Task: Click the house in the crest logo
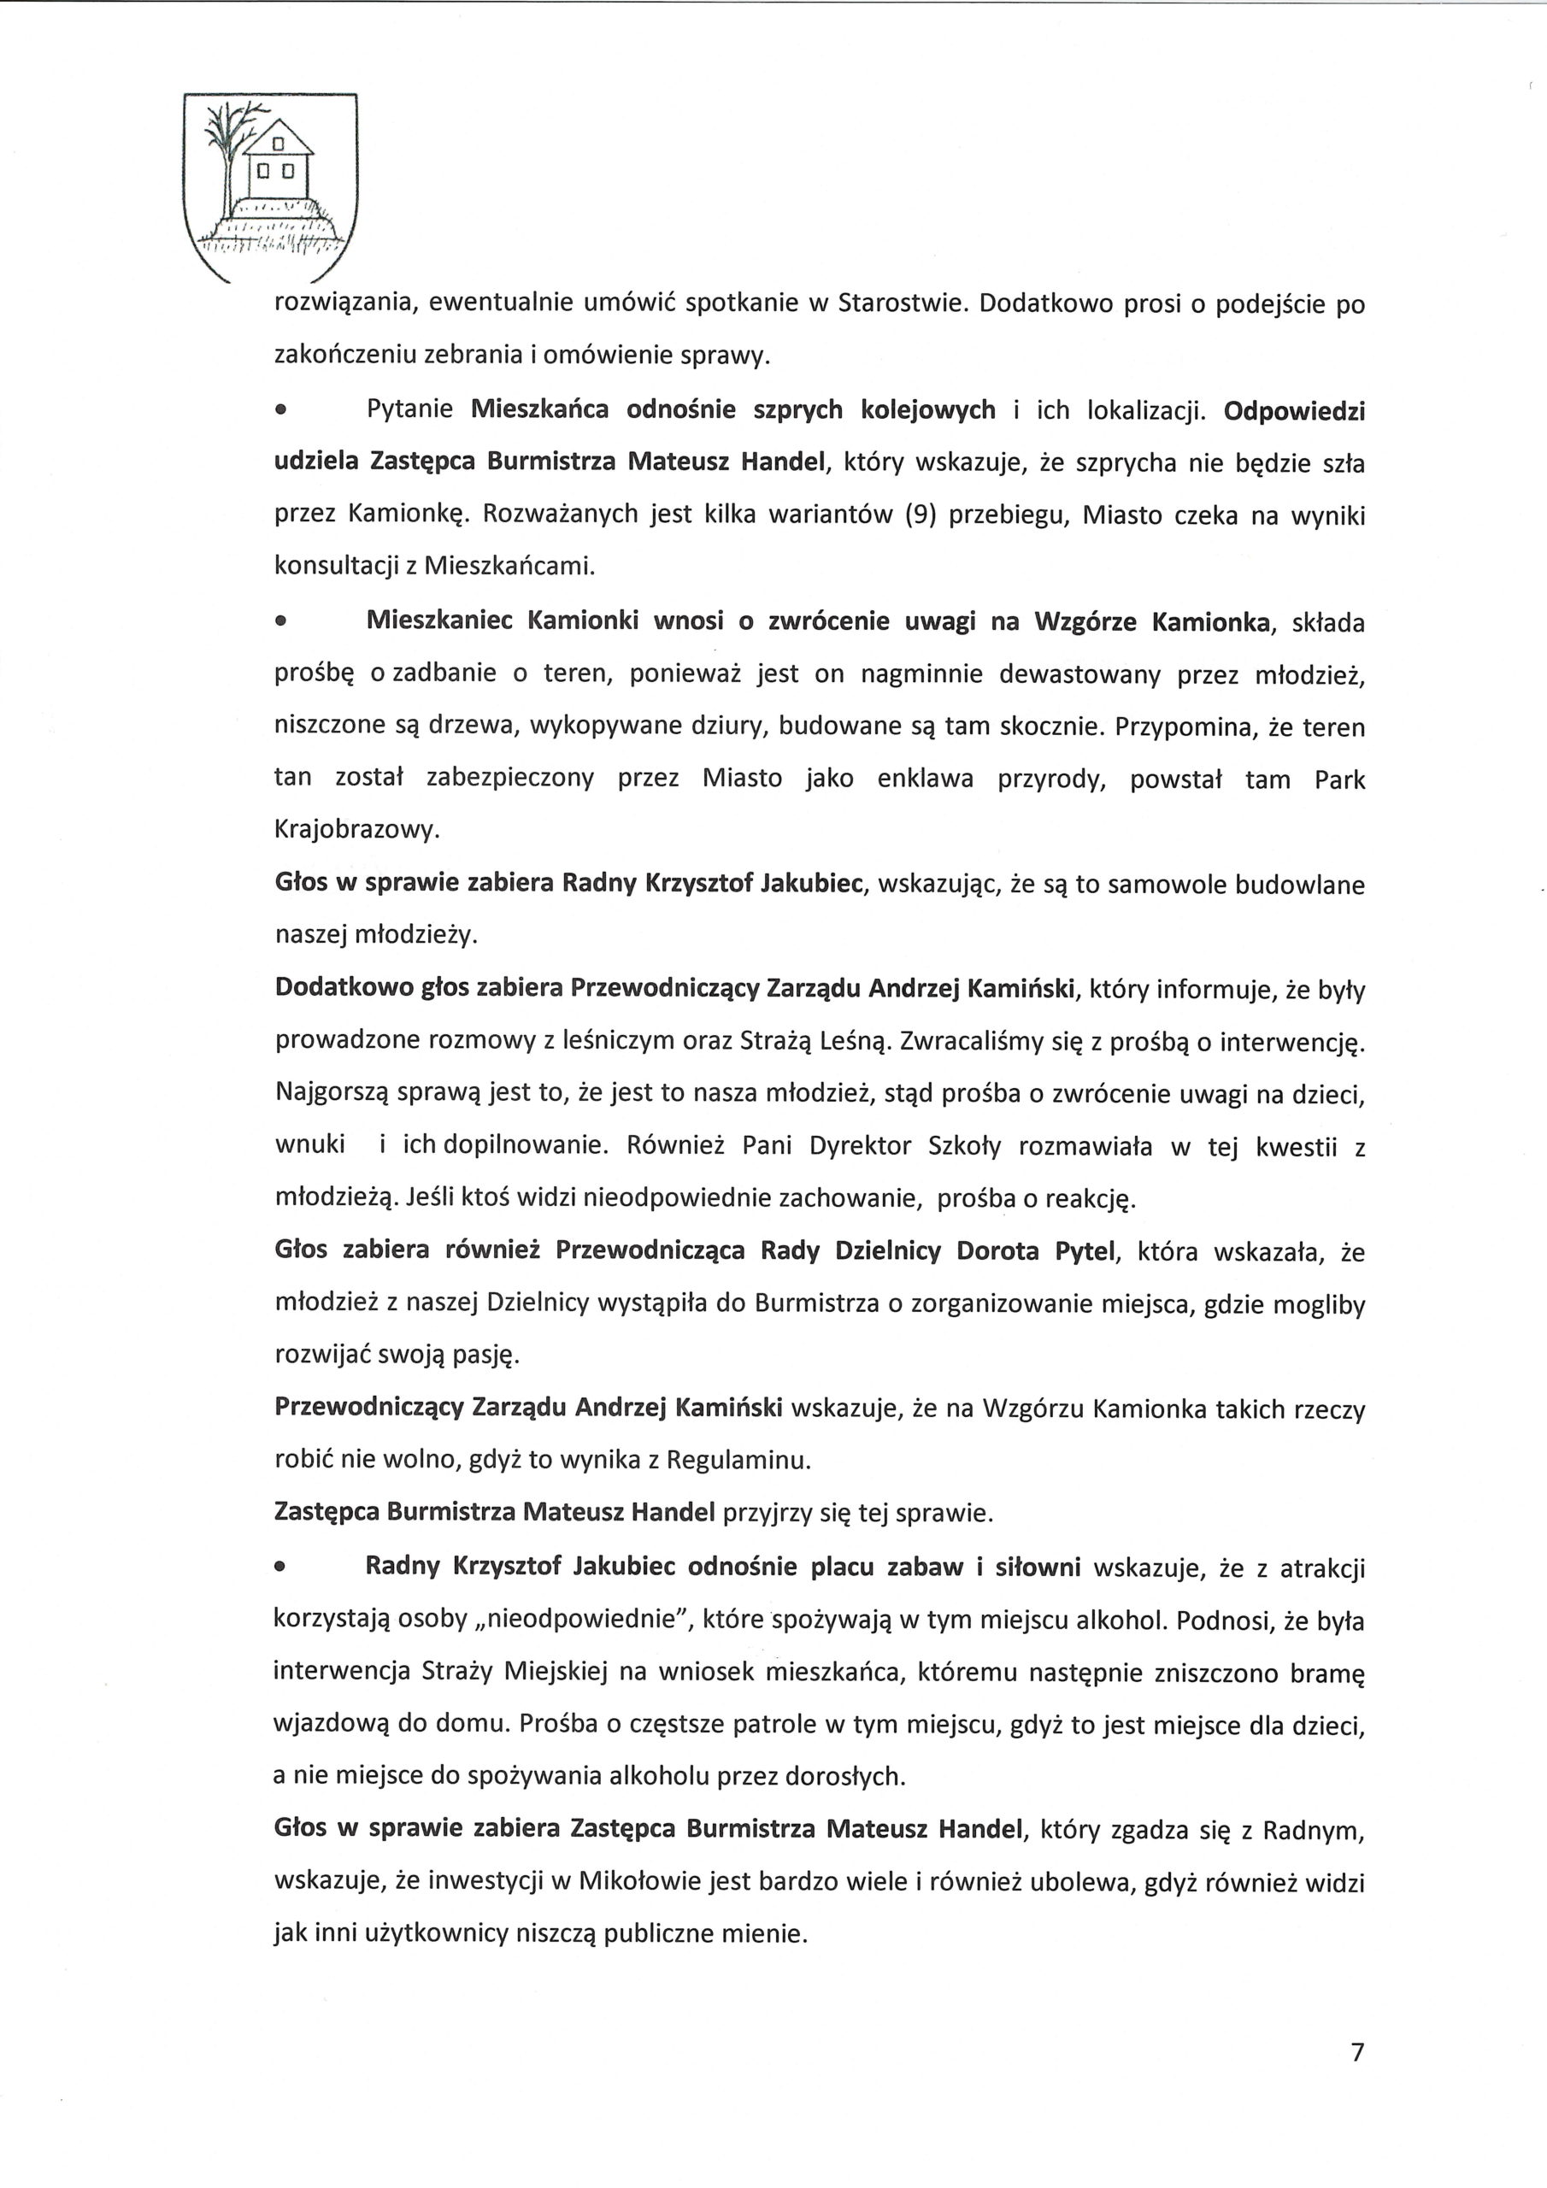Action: (x=279, y=159)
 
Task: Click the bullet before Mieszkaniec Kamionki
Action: (x=280, y=623)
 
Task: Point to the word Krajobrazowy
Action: (x=356, y=831)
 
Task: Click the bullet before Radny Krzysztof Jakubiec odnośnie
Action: (x=280, y=1567)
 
